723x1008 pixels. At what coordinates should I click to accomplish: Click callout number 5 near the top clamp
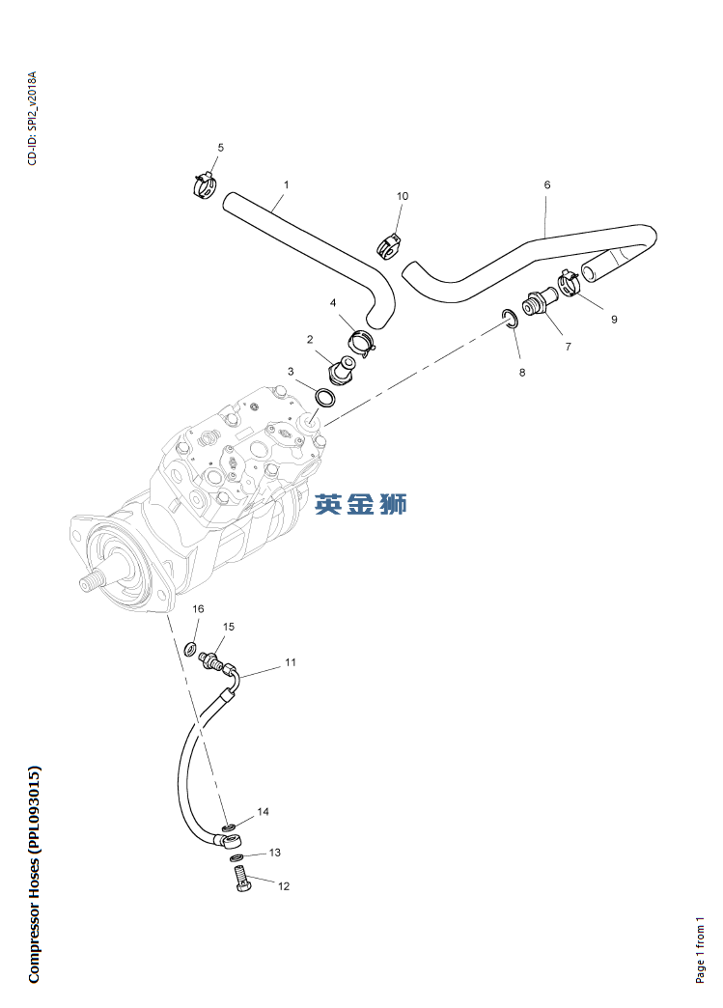click(220, 148)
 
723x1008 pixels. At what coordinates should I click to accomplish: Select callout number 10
click(403, 196)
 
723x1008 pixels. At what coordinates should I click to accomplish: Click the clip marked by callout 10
click(389, 243)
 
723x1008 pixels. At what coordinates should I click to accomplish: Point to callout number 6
click(547, 184)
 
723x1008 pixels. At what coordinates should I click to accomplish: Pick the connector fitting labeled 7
click(538, 302)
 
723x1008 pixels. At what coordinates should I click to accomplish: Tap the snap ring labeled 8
click(509, 318)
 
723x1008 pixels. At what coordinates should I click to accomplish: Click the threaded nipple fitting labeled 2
click(342, 369)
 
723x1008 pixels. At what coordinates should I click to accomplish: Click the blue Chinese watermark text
click(361, 503)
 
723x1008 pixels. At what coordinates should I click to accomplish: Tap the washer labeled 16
click(191, 647)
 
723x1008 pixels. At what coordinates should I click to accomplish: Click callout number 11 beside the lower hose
click(290, 663)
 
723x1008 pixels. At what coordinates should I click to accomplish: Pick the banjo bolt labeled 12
click(241, 881)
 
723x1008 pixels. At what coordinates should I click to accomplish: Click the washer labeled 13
click(236, 857)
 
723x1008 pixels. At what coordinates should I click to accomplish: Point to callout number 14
click(263, 812)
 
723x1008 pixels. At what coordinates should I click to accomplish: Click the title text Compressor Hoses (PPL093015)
click(35, 875)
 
